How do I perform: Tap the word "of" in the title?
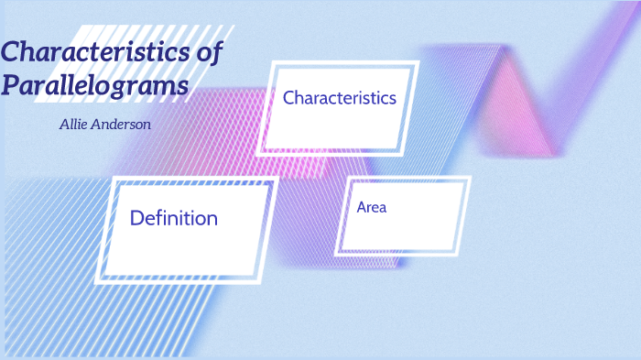[x=210, y=52]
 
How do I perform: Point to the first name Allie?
[x=73, y=124]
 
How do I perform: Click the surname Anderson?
[x=122, y=124]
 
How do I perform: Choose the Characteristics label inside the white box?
[x=340, y=97]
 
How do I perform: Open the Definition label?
[x=174, y=218]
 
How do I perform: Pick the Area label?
[x=372, y=207]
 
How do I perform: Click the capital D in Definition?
[x=137, y=218]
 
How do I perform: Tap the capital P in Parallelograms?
[x=11, y=86]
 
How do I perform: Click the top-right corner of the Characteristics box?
[x=418, y=61]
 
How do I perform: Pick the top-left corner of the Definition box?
[x=115, y=177]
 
